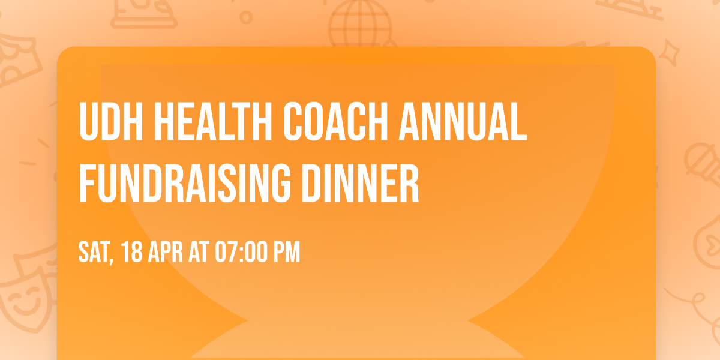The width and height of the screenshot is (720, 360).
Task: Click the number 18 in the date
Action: (133, 253)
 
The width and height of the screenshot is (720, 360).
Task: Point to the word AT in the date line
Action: (198, 253)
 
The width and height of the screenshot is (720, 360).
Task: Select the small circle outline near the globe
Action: (246, 18)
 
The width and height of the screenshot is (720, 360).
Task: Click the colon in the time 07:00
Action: (239, 253)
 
